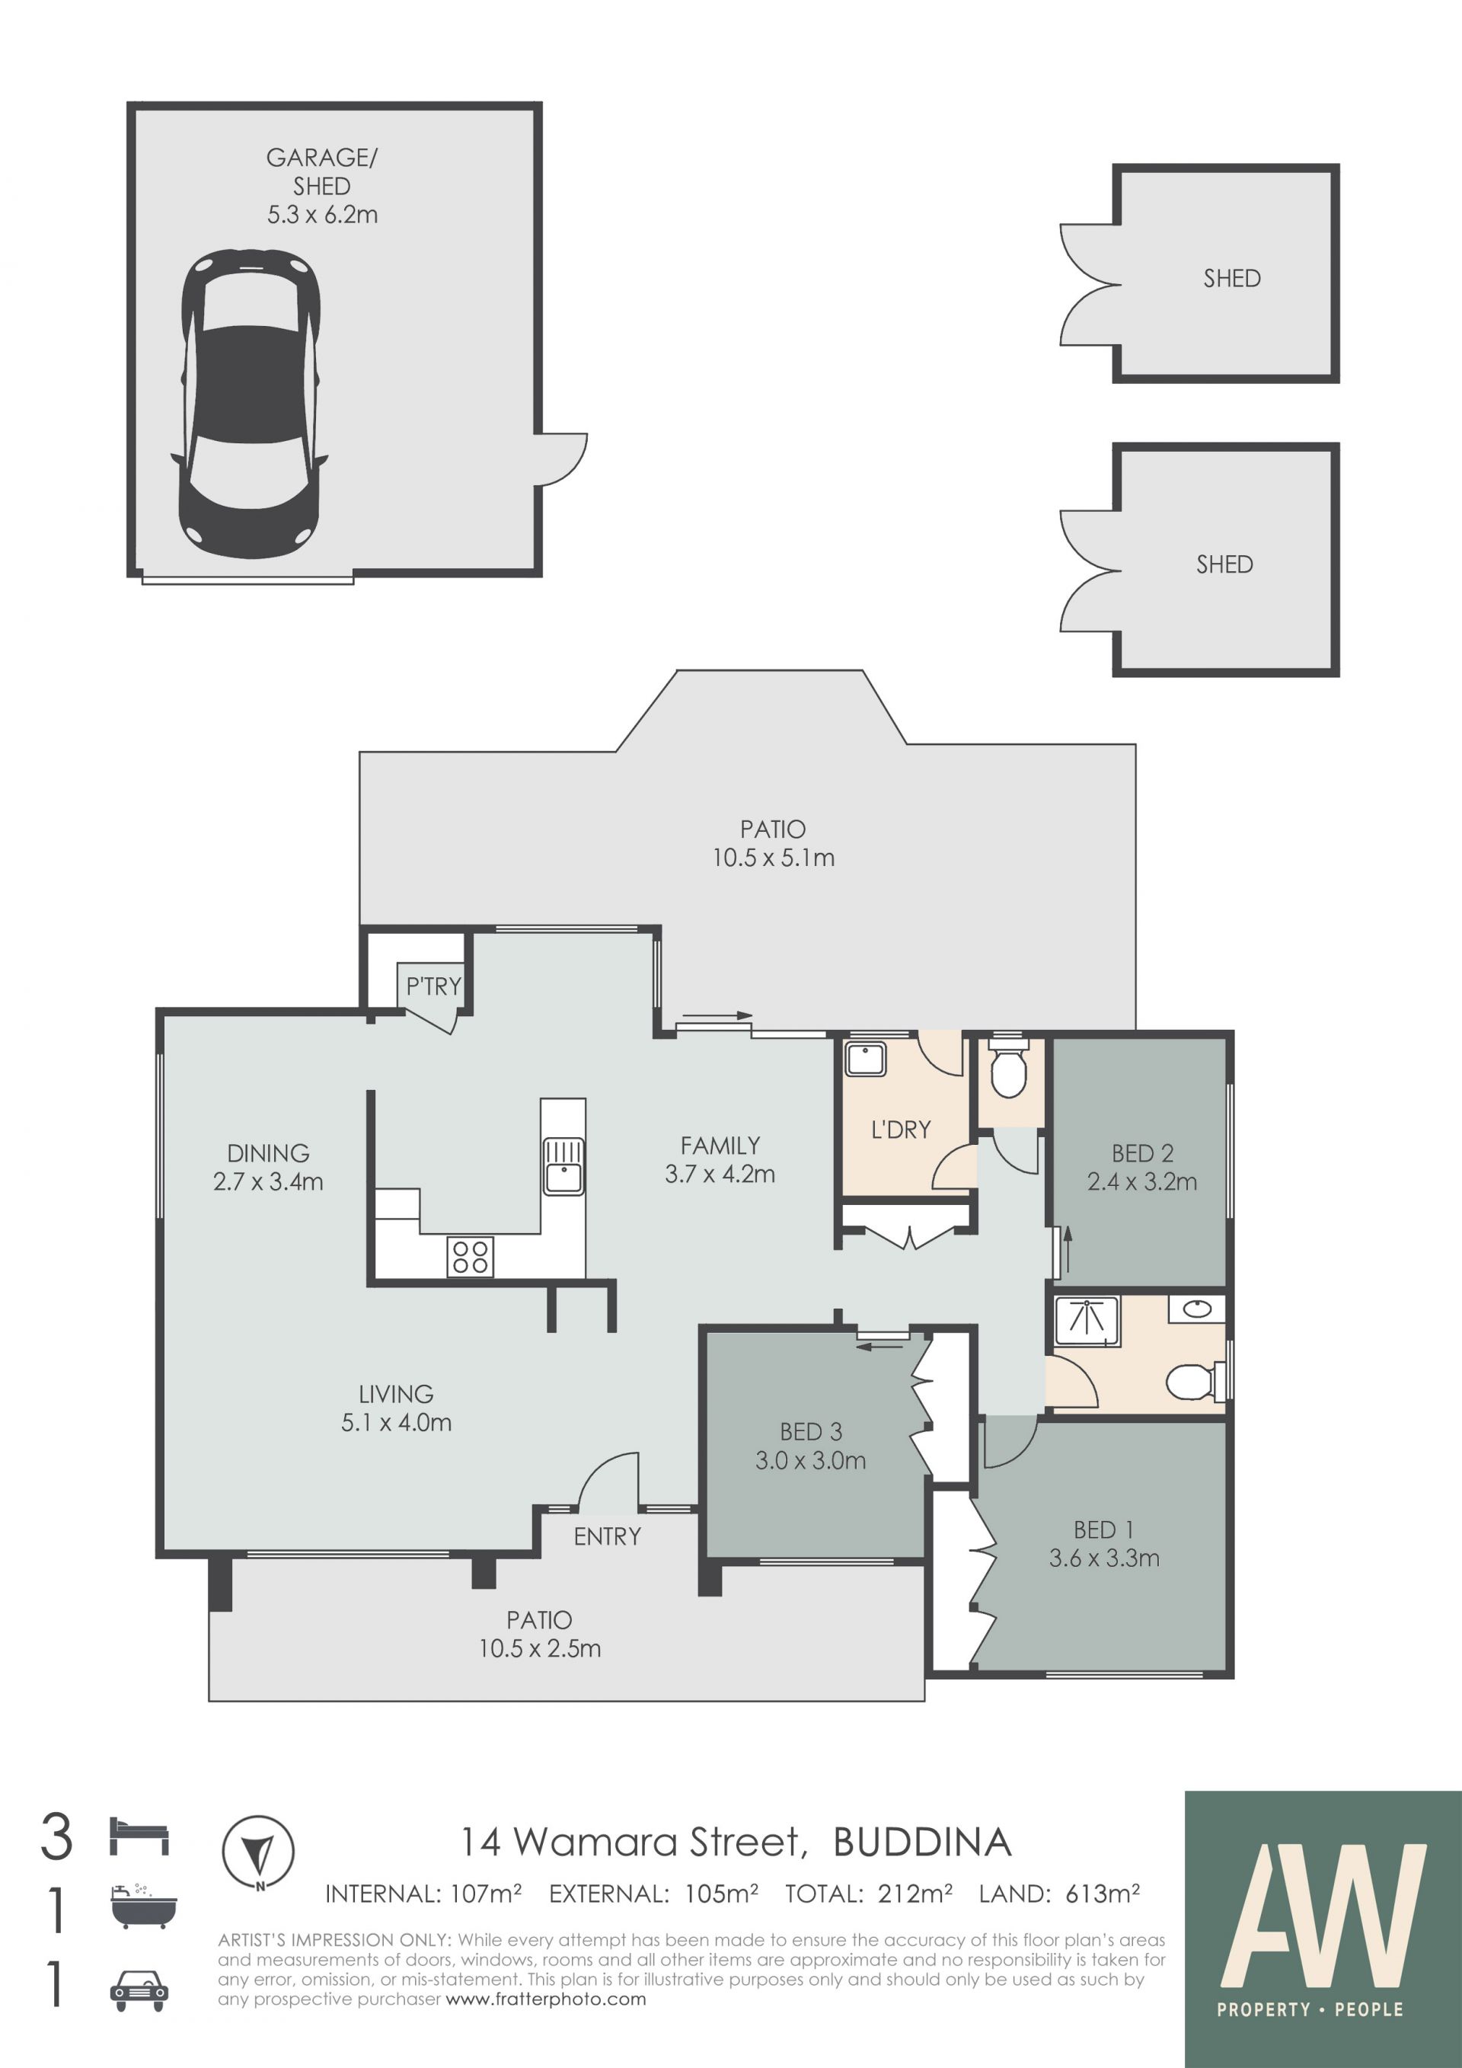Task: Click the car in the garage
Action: coord(249,404)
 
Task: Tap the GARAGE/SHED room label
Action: coord(322,186)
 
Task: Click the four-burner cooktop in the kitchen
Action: coord(470,1257)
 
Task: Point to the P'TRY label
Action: coord(433,986)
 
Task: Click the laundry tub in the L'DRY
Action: coord(865,1060)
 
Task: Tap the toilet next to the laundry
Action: coord(1008,1067)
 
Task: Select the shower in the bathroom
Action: coord(1087,1322)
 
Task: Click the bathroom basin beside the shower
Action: coord(1197,1309)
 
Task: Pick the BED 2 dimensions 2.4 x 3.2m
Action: coord(1141,1181)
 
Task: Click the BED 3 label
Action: coord(810,1431)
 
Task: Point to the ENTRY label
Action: coord(608,1536)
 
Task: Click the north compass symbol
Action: coord(258,1852)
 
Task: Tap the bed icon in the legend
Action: coord(139,1836)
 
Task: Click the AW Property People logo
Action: coord(1323,1929)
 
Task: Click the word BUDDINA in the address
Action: coord(923,1843)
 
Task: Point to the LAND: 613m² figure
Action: coord(1060,1894)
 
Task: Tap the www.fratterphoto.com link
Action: coord(547,1999)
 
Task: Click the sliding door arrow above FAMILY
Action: coord(717,1016)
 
